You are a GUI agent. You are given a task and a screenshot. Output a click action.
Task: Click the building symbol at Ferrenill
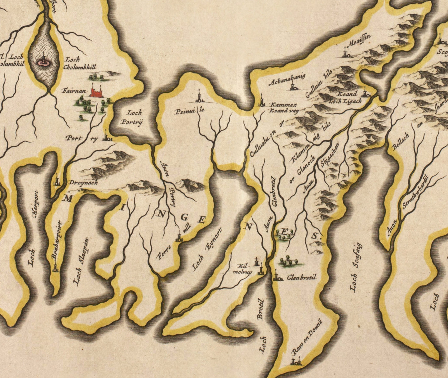click(x=179, y=237)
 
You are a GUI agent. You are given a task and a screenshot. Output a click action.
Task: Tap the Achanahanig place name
click(x=287, y=79)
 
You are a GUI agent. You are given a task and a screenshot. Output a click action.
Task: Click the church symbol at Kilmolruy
click(x=260, y=269)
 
